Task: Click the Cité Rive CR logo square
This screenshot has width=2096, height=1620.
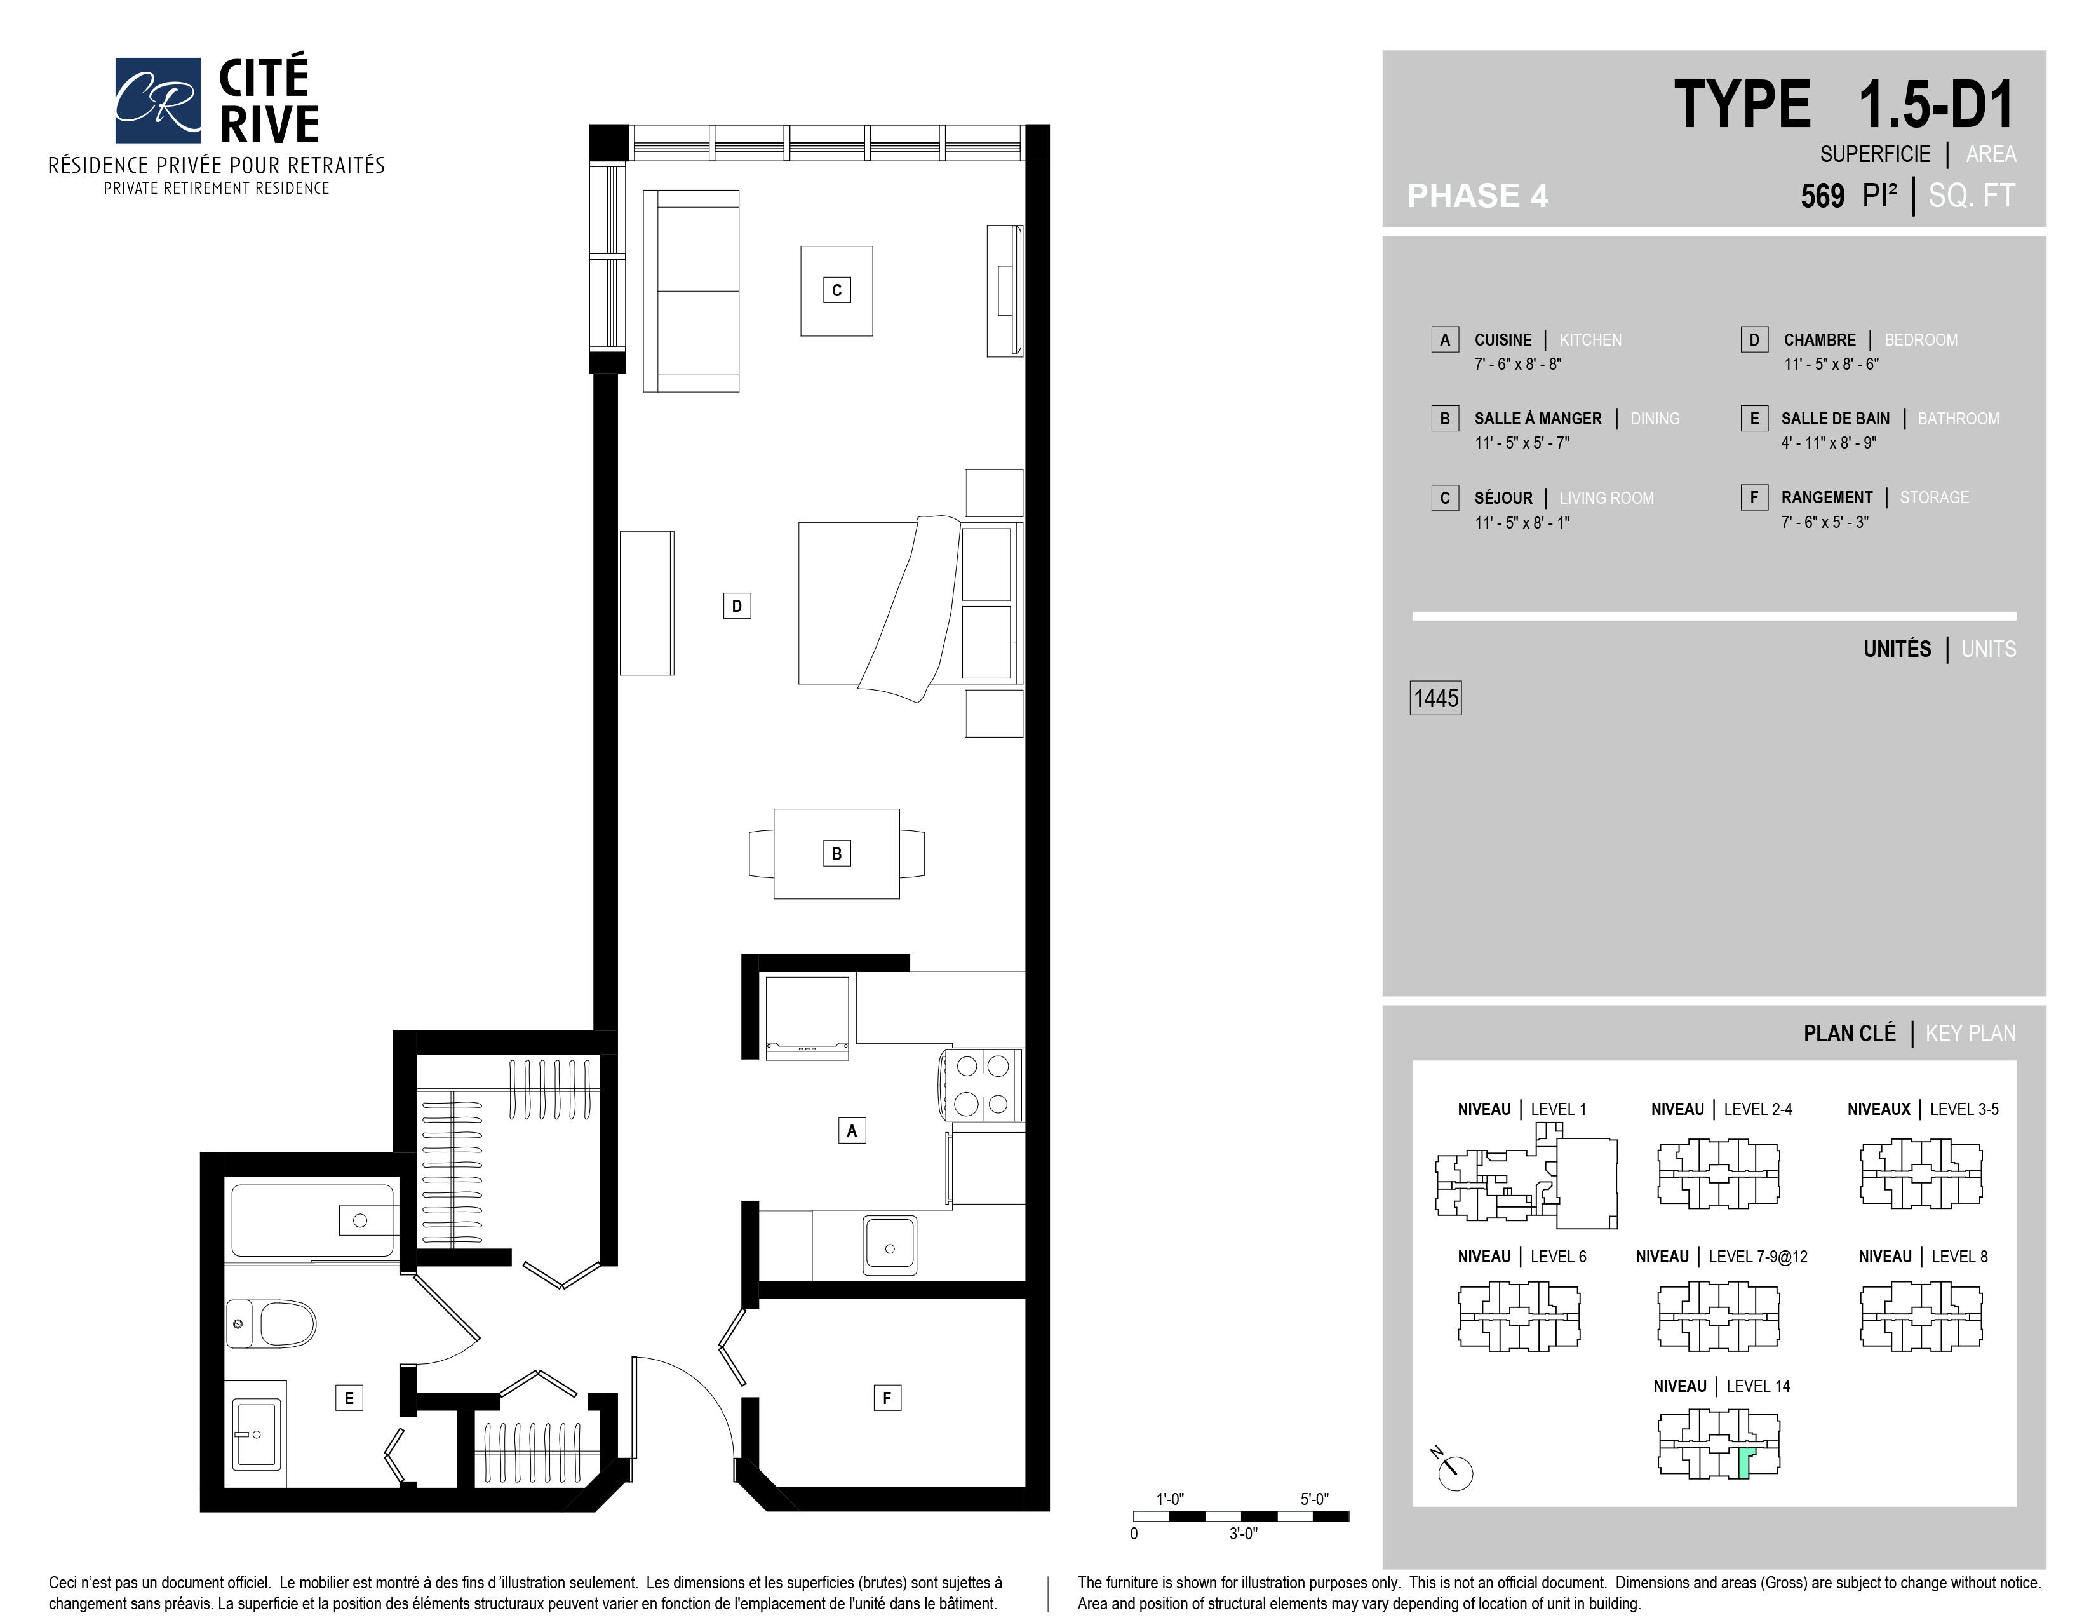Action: point(158,100)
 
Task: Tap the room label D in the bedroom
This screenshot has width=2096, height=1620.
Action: point(736,605)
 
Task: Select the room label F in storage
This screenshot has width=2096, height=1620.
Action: point(887,1398)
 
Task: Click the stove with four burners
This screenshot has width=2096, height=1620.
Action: point(982,1084)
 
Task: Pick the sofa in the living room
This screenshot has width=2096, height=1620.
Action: point(691,291)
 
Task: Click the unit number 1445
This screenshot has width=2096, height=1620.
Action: point(1435,698)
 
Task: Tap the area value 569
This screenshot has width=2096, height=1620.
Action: point(1822,196)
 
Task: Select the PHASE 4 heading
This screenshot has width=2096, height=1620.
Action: point(1478,196)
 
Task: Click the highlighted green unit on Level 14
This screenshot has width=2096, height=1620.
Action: point(1745,1462)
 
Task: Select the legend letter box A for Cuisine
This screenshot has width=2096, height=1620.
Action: point(1444,340)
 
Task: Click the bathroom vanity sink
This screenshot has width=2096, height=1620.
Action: point(257,1433)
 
